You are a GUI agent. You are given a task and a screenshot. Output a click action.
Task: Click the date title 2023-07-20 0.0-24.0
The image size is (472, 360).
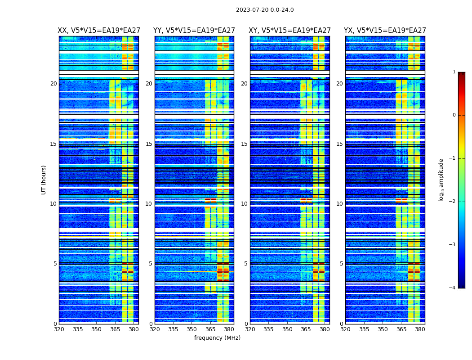(265, 10)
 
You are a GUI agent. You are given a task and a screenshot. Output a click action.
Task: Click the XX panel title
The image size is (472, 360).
(98, 31)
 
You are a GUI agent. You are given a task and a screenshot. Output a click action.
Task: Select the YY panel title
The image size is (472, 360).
(194, 31)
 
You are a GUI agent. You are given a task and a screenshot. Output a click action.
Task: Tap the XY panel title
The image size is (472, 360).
(290, 31)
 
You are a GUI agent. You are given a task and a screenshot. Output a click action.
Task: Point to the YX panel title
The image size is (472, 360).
(385, 31)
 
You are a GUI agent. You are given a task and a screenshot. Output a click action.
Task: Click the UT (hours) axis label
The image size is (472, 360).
(44, 180)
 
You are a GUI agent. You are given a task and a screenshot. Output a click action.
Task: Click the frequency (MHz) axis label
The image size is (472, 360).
(217, 338)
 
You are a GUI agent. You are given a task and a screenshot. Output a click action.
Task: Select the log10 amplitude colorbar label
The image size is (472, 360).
(441, 180)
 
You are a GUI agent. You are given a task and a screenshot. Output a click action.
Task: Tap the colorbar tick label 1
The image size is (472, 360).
(454, 72)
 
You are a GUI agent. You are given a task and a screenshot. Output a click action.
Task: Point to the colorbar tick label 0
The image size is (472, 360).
(454, 115)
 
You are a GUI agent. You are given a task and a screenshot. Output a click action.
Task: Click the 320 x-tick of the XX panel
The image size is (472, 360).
(59, 329)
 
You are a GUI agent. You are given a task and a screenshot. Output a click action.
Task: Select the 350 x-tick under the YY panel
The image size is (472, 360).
(192, 329)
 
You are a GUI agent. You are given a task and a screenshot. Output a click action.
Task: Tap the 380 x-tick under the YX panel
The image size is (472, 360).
(420, 329)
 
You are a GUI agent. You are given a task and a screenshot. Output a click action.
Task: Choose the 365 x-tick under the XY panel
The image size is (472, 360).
(306, 329)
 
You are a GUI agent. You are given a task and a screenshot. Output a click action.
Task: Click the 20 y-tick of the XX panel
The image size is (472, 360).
(53, 84)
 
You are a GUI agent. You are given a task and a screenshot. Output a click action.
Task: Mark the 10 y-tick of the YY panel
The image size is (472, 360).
(149, 204)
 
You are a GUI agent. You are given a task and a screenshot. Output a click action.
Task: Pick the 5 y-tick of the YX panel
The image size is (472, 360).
(341, 264)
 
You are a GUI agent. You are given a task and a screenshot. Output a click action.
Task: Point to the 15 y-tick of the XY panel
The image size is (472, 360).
(244, 144)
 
